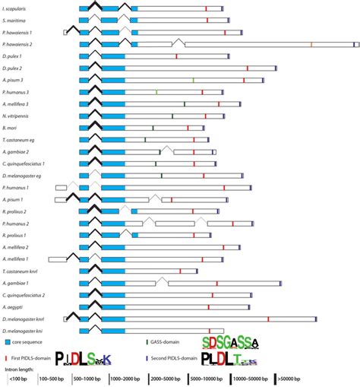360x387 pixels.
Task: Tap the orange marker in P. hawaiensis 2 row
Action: click(311, 45)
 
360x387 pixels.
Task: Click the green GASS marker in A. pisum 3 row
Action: click(194, 81)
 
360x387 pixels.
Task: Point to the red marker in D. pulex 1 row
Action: click(176, 56)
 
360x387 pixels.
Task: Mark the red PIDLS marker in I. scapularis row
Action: click(205, 7)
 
